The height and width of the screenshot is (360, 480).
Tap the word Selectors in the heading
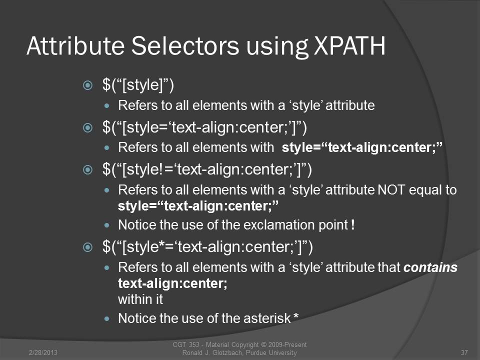(x=185, y=46)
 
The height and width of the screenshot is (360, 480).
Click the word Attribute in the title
(x=75, y=46)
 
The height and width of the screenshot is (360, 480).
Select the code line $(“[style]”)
(x=138, y=85)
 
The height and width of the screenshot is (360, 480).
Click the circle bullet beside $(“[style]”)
(x=87, y=85)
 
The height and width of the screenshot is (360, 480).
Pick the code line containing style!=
(x=207, y=169)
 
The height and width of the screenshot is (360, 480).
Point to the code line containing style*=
(x=207, y=246)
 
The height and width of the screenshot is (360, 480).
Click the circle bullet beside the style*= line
(x=87, y=247)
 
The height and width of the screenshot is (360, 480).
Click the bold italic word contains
(x=430, y=267)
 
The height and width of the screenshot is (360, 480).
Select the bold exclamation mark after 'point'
(x=353, y=224)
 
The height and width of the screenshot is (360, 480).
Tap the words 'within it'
(x=140, y=299)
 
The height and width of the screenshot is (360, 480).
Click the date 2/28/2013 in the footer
(x=43, y=352)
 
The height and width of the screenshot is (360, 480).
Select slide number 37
(x=464, y=352)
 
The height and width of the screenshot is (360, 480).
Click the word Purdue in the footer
(x=256, y=352)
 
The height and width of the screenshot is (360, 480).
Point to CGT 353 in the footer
(x=186, y=344)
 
